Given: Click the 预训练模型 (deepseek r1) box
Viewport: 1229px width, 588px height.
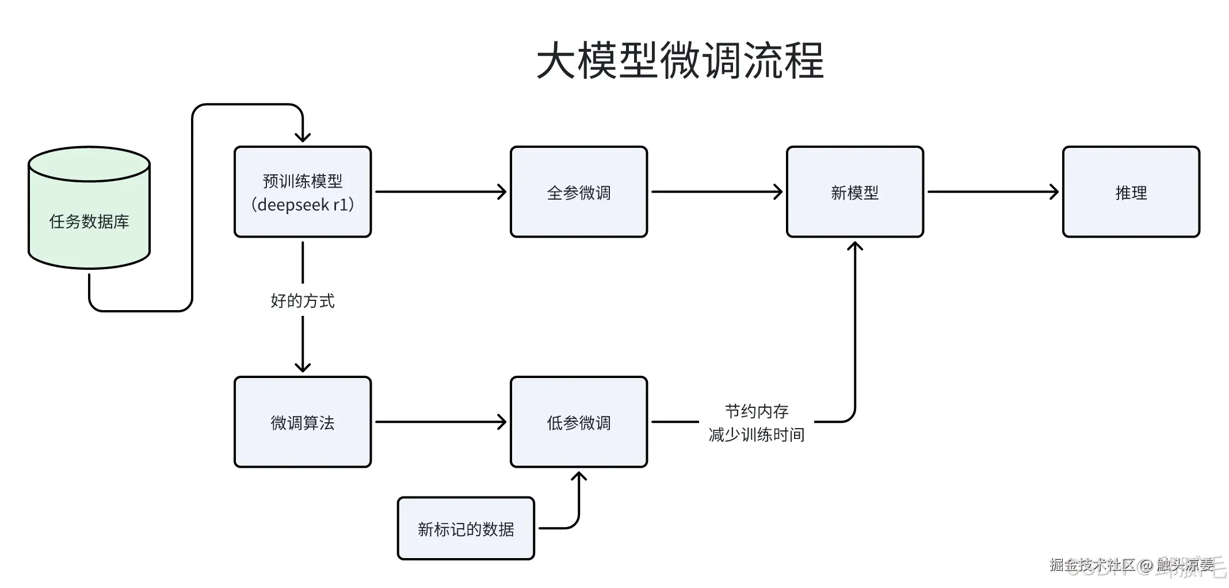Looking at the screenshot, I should click(x=303, y=192).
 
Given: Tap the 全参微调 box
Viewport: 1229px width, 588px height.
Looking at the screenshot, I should click(x=579, y=192).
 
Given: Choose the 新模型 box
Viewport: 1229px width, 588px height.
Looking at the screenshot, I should click(x=855, y=192).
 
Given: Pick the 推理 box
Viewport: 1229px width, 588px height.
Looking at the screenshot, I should click(x=1131, y=192).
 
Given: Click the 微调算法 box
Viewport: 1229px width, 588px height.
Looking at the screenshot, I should click(x=303, y=422).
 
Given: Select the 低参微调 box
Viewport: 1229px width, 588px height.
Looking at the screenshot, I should click(x=579, y=422).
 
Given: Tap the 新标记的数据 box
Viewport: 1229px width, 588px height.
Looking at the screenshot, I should click(x=466, y=529).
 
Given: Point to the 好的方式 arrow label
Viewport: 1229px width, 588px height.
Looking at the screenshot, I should click(x=303, y=300).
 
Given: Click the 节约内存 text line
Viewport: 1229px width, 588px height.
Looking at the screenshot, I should click(x=757, y=411).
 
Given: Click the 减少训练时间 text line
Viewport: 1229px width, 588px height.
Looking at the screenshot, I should click(x=757, y=434).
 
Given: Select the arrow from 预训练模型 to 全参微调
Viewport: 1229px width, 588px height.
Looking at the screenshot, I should click(x=440, y=192).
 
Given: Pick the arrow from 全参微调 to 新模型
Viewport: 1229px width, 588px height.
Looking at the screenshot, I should click(x=716, y=192).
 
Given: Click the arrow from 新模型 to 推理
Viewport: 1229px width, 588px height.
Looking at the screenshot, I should click(x=993, y=192).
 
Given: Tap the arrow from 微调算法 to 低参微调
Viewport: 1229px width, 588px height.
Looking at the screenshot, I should click(x=440, y=422).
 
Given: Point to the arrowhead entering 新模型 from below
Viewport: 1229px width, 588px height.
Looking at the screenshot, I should click(x=855, y=246).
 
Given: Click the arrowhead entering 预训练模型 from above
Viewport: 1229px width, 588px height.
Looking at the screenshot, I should click(x=303, y=137).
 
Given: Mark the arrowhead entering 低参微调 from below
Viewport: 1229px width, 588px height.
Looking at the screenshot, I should click(x=579, y=476).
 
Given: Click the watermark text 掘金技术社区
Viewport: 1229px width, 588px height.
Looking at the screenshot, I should click(x=1091, y=565).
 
